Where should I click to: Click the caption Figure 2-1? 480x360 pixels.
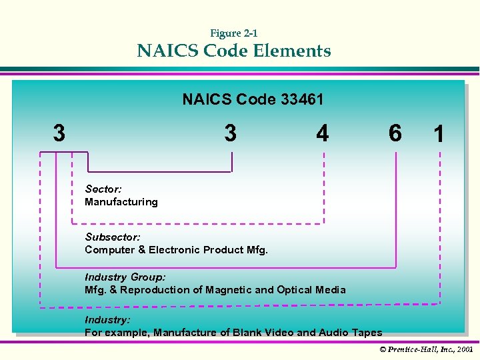coord(234,33)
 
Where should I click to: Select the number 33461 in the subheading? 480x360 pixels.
coord(302,100)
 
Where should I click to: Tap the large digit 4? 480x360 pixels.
coord(323,134)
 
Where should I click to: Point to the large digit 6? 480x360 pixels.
coord(395,134)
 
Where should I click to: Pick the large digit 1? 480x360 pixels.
coord(439,135)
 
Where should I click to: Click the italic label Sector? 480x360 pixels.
coord(103,189)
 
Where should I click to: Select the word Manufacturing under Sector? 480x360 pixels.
coord(121,202)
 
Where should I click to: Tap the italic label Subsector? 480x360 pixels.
coord(113,237)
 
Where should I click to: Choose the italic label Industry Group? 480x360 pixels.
coord(125,277)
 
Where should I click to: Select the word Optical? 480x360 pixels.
coord(295,290)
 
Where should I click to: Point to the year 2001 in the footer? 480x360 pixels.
coord(465,349)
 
